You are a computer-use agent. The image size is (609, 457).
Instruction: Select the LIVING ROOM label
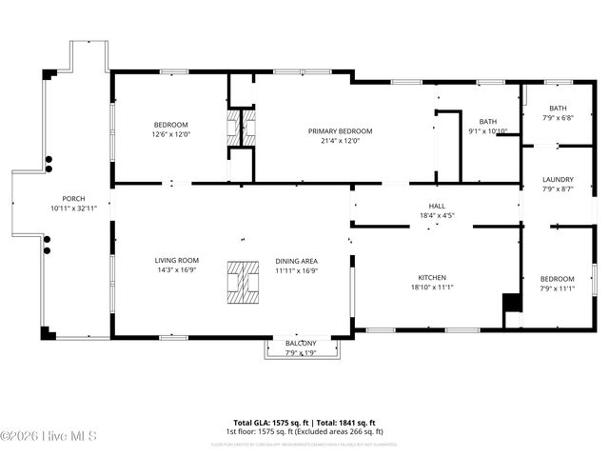pos(177,260)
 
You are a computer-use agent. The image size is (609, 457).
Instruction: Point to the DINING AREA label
pos(296,260)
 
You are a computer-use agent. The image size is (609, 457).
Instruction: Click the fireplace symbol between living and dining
pos(243,281)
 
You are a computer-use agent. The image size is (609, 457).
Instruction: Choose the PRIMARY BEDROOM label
pos(340,130)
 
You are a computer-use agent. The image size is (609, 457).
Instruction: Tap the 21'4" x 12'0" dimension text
pos(340,141)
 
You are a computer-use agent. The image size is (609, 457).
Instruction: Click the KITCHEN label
pos(431,276)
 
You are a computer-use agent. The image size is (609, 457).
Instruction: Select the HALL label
pos(437,206)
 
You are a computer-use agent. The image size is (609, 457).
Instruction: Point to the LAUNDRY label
pos(558,180)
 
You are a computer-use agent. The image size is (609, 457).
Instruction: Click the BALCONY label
pos(302,343)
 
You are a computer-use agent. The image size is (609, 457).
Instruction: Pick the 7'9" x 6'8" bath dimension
pos(558,118)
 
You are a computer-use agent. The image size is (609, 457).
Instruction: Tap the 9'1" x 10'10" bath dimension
pos(487,131)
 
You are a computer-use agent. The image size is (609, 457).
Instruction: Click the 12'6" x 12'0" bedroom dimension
pos(171,134)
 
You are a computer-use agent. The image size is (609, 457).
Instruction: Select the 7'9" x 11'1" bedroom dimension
pos(558,288)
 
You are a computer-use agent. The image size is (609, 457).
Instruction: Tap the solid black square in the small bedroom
pos(512,303)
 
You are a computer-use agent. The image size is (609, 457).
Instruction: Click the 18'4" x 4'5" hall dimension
pos(437,215)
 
